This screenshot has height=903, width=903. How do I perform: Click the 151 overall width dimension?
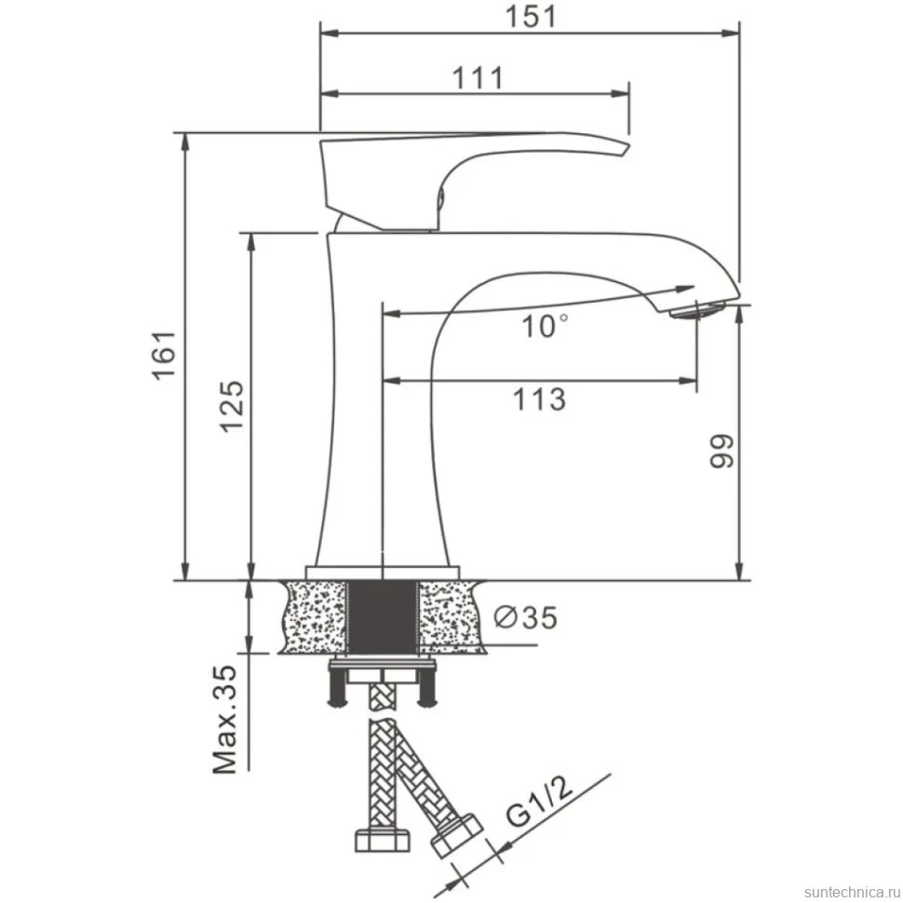pyautogui.click(x=531, y=17)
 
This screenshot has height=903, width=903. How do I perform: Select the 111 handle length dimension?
pyautogui.click(x=478, y=78)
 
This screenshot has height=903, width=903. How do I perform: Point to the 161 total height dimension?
pyautogui.click(x=164, y=355)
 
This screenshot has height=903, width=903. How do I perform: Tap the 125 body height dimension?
pyautogui.click(x=233, y=406)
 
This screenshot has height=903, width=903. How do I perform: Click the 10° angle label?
pyautogui.click(x=545, y=326)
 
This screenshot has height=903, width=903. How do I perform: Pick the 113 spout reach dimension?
pyautogui.click(x=539, y=399)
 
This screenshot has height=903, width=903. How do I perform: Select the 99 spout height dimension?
pyautogui.click(x=721, y=451)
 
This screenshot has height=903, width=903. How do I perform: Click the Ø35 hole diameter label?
pyautogui.click(x=526, y=618)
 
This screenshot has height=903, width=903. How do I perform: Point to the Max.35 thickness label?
pyautogui.click(x=224, y=720)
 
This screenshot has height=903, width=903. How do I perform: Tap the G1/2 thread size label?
pyautogui.click(x=540, y=800)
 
